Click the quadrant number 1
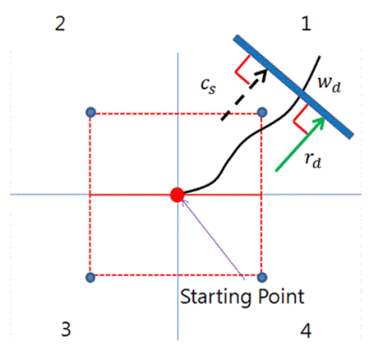pos(306,24)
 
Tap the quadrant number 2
pos(60,24)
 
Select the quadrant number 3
pos(66,329)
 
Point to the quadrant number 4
pos(306,331)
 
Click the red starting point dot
pos(177,195)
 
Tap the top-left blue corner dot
pos(91,112)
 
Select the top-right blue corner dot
pos(262,112)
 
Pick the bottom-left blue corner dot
pos(91,278)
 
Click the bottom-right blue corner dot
pos(262,278)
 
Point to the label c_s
pos(208,85)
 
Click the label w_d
pos(330,83)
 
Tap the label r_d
pos(313,160)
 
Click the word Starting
pos(215,297)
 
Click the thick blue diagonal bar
pos(293,87)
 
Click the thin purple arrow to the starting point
pos(213,240)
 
